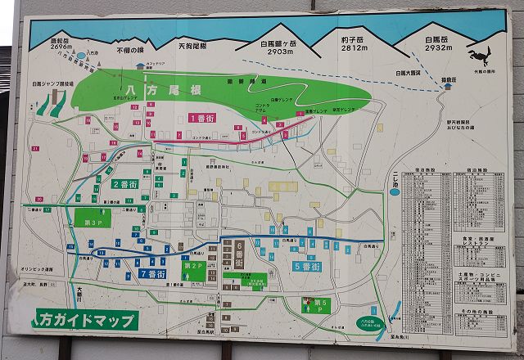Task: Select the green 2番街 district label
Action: pyautogui.click(x=126, y=184)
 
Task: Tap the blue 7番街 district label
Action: pyautogui.click(x=153, y=273)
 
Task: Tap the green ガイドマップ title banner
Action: pyautogui.click(x=84, y=319)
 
